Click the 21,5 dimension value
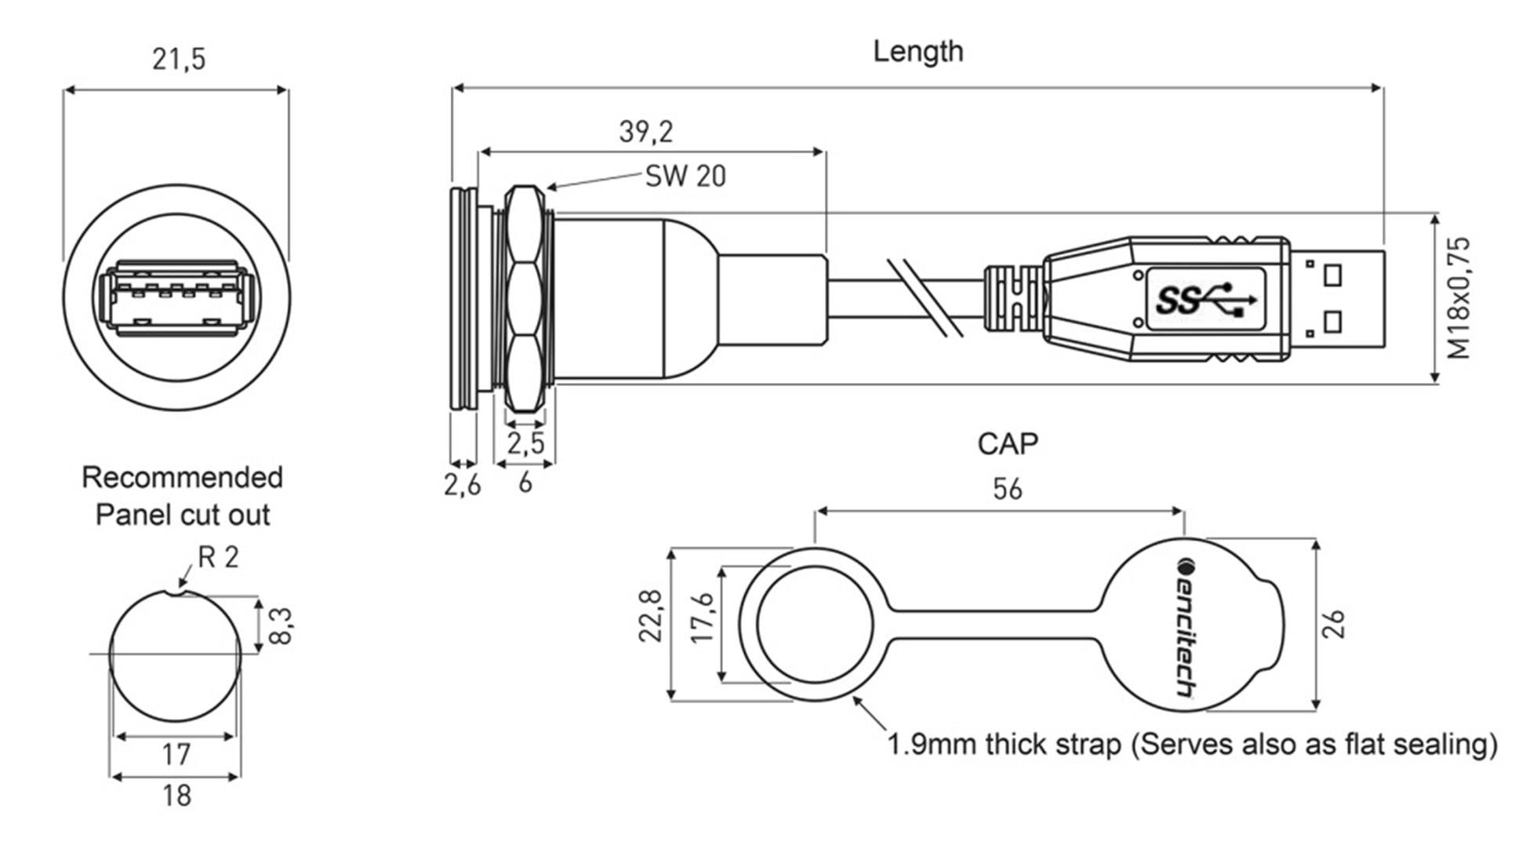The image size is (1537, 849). tap(179, 60)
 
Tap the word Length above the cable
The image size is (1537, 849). tap(917, 52)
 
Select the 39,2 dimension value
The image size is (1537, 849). tap(645, 132)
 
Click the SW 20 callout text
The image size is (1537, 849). tap(685, 177)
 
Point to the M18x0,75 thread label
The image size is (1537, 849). tap(1459, 298)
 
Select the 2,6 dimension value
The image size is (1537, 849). tap(462, 486)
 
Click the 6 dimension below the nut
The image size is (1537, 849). tap(525, 483)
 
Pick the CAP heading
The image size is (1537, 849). tap(1008, 445)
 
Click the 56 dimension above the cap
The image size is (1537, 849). tap(1007, 490)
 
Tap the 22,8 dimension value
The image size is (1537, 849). tap(652, 617)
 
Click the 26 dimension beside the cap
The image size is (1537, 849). tap(1334, 625)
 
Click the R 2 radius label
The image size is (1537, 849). tap(217, 558)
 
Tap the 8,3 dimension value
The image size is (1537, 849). tap(281, 625)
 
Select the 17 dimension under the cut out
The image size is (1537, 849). tap(176, 755)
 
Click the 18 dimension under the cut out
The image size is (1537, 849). tap(176, 796)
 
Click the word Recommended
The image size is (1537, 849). tap(182, 478)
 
